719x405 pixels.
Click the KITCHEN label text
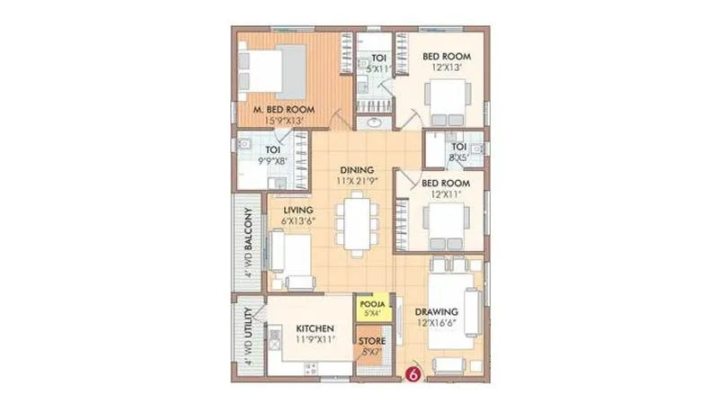coord(316,328)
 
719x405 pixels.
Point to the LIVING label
coord(286,211)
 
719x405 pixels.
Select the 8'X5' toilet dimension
coord(458,156)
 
